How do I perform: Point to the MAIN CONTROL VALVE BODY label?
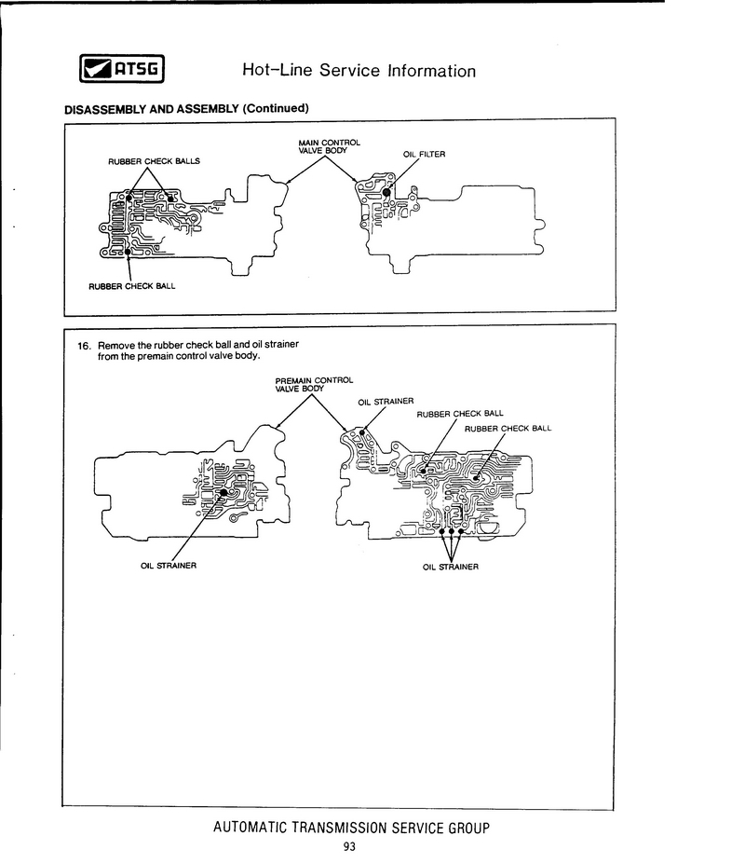[323, 146]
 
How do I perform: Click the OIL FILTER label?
[425, 154]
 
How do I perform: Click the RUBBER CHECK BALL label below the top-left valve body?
[131, 286]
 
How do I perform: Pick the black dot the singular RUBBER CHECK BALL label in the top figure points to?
[127, 252]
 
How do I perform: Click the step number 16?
[84, 345]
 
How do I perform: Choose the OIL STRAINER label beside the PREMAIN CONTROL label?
[385, 402]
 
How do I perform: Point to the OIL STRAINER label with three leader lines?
[451, 567]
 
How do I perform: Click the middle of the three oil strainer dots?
[451, 531]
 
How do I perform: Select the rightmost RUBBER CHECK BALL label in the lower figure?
[508, 429]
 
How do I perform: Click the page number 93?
[349, 846]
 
